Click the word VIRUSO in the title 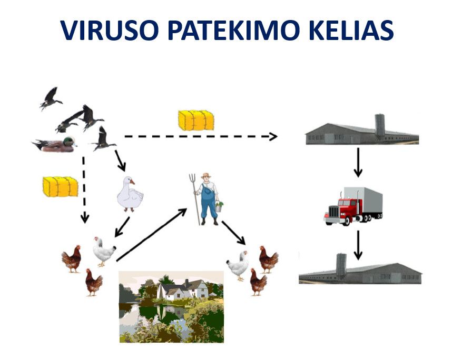click(110, 29)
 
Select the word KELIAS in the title click(351, 29)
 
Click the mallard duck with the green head click(55, 144)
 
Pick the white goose click(130, 194)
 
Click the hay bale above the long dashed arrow click(196, 120)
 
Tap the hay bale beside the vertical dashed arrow click(60, 187)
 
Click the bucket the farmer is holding click(219, 206)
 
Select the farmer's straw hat click(206, 175)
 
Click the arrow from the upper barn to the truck click(358, 163)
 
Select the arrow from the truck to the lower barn click(358, 245)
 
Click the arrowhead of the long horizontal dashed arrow click(273, 136)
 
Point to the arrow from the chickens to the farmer click(152, 235)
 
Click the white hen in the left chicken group click(104, 251)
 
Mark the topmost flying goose click(51, 98)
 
